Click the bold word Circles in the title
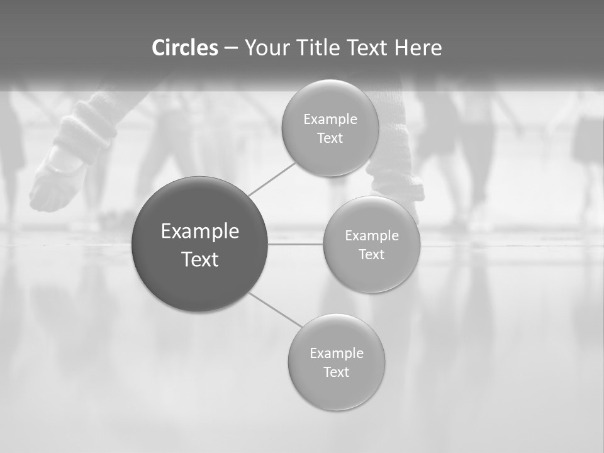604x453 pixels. pos(185,48)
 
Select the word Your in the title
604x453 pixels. pos(267,48)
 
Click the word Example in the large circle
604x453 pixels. pos(200,232)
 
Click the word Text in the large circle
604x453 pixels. pos(200,259)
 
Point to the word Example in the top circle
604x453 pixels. pos(330,120)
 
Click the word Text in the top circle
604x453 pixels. pos(330,138)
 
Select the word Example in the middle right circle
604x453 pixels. pos(372,236)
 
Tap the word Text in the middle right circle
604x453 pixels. pos(372,255)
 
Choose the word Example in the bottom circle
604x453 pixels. pos(337,354)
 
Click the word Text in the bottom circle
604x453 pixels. pos(337,372)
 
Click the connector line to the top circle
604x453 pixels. pos(272,179)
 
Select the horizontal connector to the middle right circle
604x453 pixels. pos(296,244)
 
